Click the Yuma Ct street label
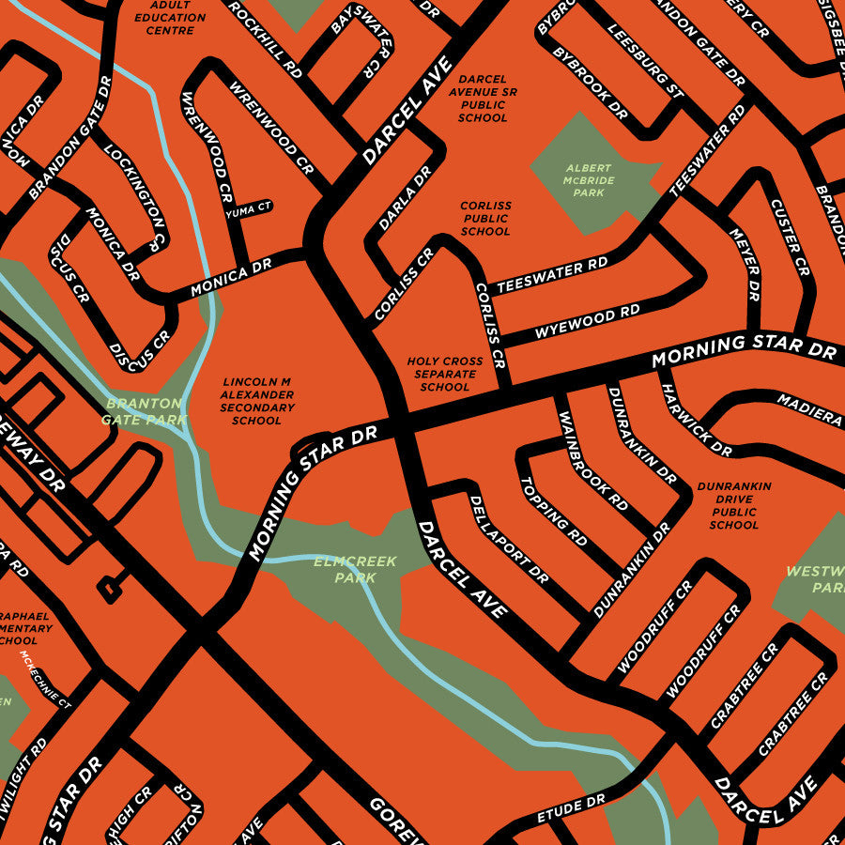point(253,207)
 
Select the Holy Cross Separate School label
point(445,374)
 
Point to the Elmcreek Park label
point(355,569)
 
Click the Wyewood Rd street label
point(587,321)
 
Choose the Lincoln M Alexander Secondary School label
point(257,402)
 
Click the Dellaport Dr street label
point(508,540)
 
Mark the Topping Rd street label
point(554,513)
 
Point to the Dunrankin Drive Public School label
point(733,506)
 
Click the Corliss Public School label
point(485,219)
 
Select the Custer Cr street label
point(789,237)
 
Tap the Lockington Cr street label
point(136,189)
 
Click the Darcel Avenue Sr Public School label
point(483,99)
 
